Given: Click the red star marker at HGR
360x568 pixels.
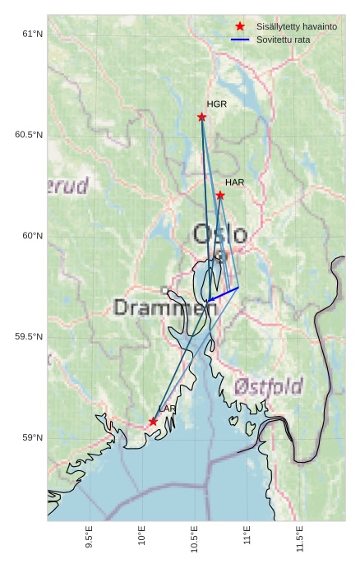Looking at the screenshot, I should click(201, 117).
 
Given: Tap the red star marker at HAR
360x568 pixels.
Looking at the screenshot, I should click(220, 195).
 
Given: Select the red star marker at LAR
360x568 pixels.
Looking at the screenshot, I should click(153, 422).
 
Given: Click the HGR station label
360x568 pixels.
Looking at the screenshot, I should click(217, 104).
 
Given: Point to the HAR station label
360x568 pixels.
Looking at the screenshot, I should click(235, 182).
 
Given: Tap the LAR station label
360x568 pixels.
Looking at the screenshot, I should click(168, 409).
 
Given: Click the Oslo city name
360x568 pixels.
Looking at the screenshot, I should click(219, 234).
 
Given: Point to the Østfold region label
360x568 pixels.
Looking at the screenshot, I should click(268, 386).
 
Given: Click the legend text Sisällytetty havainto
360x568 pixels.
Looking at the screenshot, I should click(297, 27).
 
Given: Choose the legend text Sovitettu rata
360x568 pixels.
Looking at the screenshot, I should click(284, 39).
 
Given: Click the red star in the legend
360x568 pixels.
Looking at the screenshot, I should click(240, 27).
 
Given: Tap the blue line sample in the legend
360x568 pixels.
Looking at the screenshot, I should click(240, 39).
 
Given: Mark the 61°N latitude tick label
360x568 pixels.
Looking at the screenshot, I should click(31, 34).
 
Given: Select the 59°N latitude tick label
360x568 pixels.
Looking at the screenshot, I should click(31, 437).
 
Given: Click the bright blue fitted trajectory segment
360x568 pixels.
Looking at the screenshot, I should click(224, 293).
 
